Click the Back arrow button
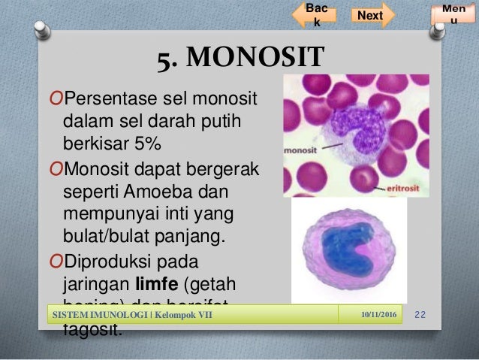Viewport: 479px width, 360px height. [315, 15]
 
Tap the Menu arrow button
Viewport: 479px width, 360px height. [453, 14]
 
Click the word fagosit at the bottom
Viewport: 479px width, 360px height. [89, 329]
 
